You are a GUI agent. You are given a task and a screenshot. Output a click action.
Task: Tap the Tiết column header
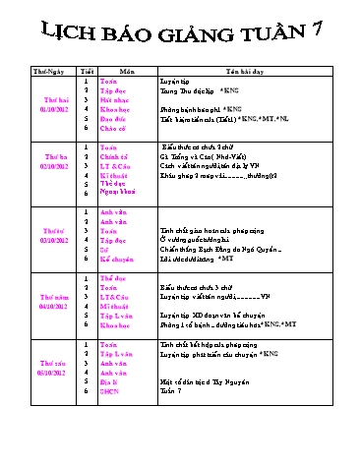87,72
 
